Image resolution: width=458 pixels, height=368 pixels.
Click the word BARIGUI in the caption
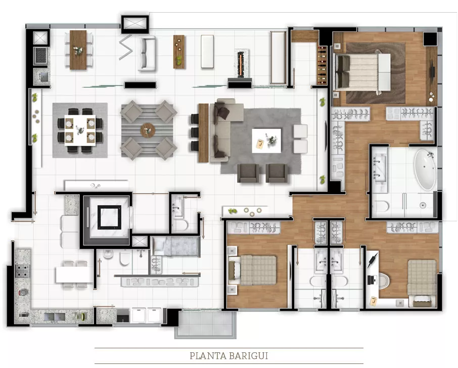(x=249, y=356)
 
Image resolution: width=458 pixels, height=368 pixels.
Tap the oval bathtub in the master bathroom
(x=425, y=170)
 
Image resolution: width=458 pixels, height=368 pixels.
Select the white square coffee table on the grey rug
(x=266, y=141)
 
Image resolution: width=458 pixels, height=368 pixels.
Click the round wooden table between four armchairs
(x=148, y=130)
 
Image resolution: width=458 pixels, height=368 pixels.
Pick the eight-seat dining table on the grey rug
(x=80, y=130)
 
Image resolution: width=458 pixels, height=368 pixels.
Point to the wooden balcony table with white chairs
(x=78, y=50)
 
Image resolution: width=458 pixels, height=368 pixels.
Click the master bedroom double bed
(x=362, y=72)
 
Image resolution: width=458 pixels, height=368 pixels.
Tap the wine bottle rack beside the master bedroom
(x=322, y=65)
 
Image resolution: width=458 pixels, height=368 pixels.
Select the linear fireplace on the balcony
(x=241, y=65)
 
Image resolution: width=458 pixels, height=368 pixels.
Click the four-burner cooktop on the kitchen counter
(x=22, y=271)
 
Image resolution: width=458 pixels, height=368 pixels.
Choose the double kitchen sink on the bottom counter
(x=55, y=316)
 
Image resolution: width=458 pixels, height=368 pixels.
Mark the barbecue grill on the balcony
(x=40, y=56)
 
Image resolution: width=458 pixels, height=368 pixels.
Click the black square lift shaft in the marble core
(x=109, y=217)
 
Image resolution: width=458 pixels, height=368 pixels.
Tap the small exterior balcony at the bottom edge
(x=205, y=324)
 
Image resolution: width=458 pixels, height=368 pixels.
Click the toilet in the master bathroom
(x=381, y=206)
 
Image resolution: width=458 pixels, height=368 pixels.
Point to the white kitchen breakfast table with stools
(x=74, y=275)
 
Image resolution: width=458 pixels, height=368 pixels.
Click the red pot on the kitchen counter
(x=24, y=292)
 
